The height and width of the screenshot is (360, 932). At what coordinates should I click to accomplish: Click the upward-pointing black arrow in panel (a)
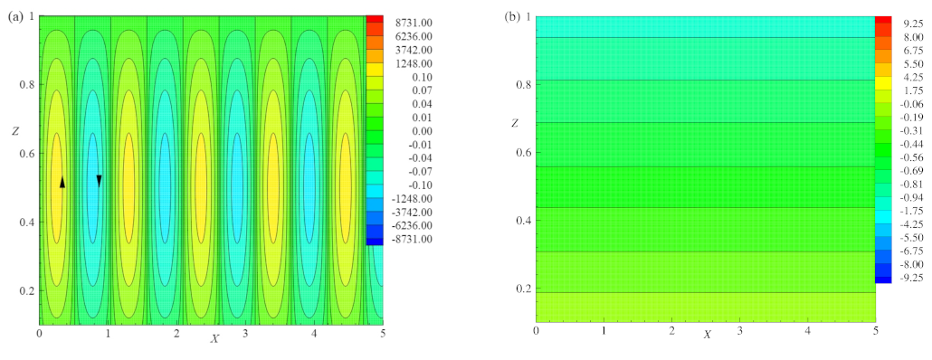pos(62,182)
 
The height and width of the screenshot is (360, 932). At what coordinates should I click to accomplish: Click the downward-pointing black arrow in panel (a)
pos(99,180)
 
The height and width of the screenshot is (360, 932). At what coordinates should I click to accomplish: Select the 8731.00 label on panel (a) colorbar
pos(413,24)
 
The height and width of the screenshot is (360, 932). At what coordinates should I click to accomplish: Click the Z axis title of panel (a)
pos(15,132)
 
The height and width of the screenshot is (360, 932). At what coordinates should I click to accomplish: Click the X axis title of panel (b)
pos(706,335)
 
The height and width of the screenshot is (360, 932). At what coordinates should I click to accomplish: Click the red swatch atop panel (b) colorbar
pos(883,23)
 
